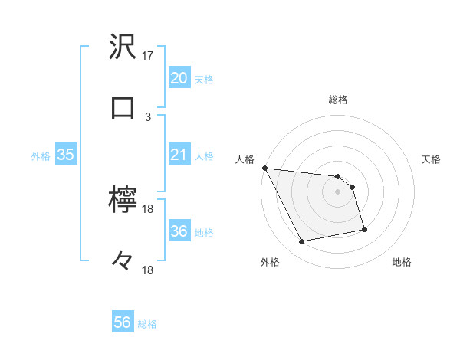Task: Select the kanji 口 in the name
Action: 123,107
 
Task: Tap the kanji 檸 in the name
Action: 123,200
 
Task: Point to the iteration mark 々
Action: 123,260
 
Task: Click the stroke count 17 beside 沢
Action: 148,56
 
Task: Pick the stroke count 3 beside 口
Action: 148,116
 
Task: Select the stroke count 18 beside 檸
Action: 148,209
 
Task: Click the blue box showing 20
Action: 179,78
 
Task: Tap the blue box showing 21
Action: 179,155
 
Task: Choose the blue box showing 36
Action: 179,231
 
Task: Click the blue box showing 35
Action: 65,155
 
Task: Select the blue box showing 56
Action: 123,322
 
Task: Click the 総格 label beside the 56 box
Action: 147,324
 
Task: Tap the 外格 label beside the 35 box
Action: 41,156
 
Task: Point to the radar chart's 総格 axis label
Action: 338,100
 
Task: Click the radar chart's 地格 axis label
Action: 402,262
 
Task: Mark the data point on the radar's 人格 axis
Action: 264,168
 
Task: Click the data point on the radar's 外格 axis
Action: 302,242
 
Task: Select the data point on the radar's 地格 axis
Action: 364,229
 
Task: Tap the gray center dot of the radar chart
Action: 338,191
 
